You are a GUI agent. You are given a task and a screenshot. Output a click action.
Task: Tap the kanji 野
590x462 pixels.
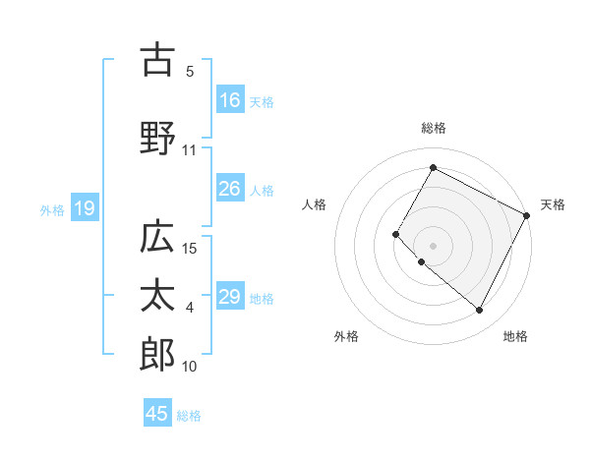(157, 138)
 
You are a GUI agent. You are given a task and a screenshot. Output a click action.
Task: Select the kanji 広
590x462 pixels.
(157, 238)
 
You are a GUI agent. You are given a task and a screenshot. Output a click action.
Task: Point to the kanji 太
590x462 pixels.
(157, 298)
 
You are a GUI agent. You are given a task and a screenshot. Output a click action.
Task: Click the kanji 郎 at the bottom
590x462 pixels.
(157, 355)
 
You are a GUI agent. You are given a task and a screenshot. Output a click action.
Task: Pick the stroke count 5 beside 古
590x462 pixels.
(190, 72)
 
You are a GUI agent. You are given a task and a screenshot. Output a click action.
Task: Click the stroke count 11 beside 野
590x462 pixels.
(190, 150)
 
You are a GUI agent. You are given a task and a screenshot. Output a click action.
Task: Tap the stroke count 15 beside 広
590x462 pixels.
(191, 249)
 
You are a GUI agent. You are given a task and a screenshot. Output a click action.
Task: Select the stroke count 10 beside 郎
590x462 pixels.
(191, 367)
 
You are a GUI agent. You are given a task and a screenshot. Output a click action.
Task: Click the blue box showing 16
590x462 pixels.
(230, 100)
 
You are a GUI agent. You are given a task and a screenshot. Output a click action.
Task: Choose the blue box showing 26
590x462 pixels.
(230, 189)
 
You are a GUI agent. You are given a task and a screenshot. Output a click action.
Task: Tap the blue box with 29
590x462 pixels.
(230, 297)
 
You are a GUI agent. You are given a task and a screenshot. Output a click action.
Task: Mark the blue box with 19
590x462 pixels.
(84, 207)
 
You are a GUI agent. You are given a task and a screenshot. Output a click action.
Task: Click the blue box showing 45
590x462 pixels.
(157, 414)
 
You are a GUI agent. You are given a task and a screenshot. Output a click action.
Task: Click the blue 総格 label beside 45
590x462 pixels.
(189, 416)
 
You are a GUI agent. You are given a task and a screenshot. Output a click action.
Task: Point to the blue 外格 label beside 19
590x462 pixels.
(52, 209)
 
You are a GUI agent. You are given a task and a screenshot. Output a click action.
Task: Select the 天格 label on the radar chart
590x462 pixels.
(553, 204)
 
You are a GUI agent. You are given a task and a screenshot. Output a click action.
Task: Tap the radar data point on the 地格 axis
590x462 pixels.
(480, 311)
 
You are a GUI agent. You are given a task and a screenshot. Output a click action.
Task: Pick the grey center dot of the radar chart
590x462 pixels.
(433, 245)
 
